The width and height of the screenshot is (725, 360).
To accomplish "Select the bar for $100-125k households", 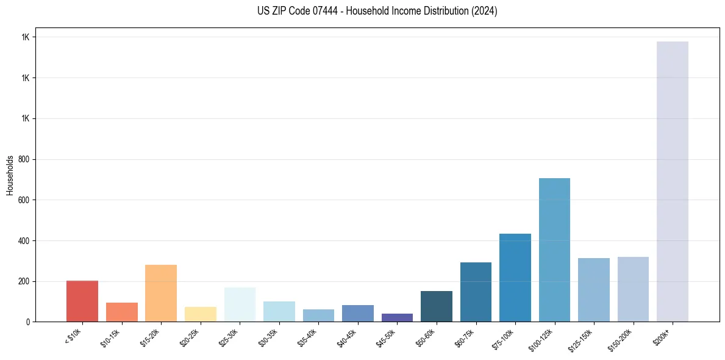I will click(x=554, y=250).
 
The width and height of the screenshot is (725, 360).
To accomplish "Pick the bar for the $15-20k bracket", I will click(x=161, y=293).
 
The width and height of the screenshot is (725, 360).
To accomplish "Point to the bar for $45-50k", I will click(x=397, y=317).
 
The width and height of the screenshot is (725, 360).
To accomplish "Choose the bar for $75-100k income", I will click(x=515, y=278).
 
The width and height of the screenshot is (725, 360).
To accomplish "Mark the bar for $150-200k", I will click(x=633, y=289).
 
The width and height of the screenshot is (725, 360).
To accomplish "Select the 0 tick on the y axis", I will click(x=28, y=322).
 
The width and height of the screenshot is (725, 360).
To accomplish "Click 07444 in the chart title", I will click(x=319, y=11).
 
